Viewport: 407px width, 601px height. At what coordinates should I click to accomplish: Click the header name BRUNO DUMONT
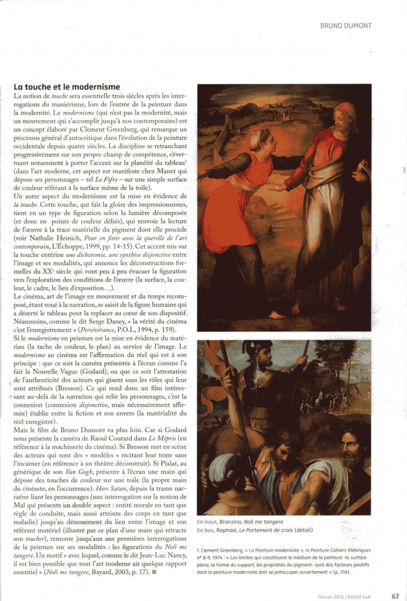(346, 25)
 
